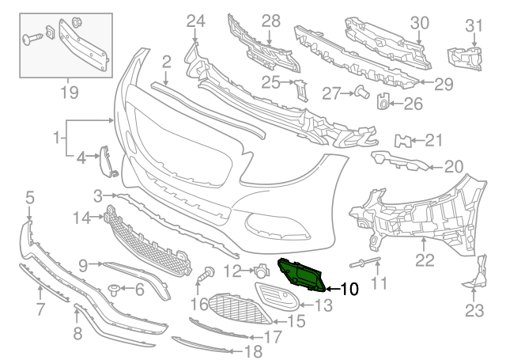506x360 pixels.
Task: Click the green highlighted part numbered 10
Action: point(300,274)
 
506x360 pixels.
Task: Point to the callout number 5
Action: point(29,196)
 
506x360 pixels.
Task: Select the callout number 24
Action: point(195,19)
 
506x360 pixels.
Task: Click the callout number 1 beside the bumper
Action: point(57,138)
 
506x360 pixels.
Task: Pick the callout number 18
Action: point(253,351)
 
